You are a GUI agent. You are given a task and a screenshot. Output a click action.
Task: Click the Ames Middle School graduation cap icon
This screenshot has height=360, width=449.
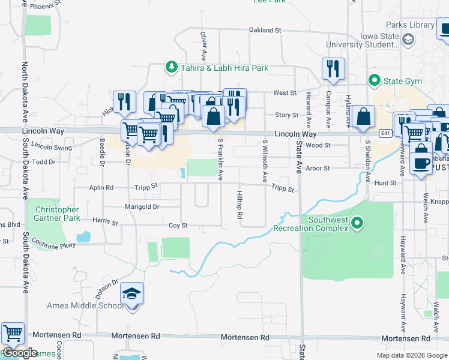(x=132, y=294)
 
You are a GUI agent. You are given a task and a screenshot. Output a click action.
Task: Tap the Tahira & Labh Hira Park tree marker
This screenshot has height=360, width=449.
(x=172, y=67)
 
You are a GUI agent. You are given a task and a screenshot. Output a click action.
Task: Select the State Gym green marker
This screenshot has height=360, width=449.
(x=375, y=79)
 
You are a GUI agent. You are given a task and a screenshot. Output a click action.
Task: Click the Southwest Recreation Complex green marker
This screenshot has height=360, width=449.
(x=358, y=224)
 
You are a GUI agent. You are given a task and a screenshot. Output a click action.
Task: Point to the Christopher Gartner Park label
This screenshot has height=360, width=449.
(x=57, y=214)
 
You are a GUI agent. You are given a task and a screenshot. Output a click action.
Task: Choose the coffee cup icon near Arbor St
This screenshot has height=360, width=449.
(x=421, y=162)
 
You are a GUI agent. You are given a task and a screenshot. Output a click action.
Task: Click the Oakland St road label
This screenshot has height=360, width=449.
(x=265, y=30)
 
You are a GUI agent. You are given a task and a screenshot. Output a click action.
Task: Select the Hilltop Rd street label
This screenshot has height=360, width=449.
(x=239, y=205)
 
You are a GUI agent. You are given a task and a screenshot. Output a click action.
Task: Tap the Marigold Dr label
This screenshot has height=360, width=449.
(x=142, y=207)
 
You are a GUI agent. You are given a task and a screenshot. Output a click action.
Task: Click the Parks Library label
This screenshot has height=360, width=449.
(x=411, y=25)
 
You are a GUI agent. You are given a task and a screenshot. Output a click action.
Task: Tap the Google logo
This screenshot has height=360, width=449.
(x=19, y=353)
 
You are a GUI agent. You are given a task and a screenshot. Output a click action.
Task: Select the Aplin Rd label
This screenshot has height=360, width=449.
(x=101, y=187)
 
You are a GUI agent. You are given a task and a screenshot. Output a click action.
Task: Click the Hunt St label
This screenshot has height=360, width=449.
(x=385, y=182)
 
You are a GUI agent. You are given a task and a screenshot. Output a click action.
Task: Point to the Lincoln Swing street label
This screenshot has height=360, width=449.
(x=51, y=146)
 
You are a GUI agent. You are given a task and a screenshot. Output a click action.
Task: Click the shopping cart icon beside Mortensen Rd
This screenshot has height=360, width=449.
(x=13, y=333)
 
